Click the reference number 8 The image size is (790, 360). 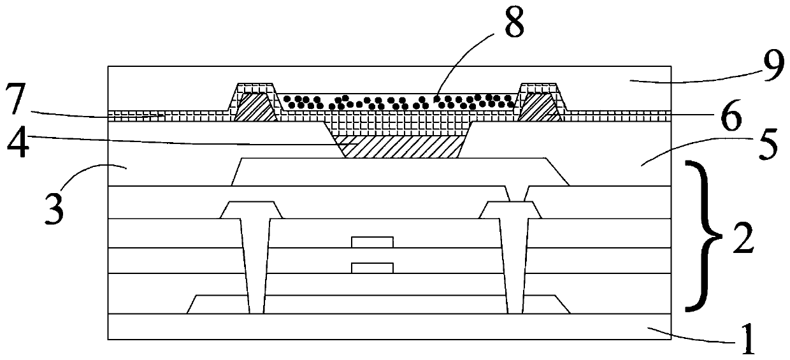point(513,24)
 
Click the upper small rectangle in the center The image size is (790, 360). point(372,241)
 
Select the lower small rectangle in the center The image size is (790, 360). point(372,267)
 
